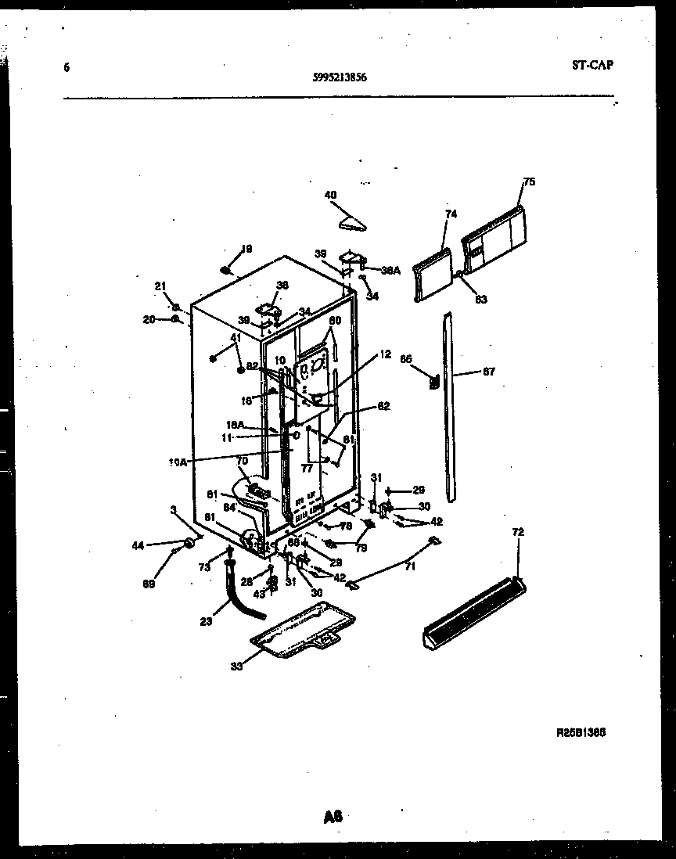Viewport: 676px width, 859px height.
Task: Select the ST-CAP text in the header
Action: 592,65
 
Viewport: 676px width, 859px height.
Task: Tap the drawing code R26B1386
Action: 581,733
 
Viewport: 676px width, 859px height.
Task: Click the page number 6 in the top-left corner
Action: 67,67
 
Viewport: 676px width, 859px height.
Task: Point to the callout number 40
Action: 330,195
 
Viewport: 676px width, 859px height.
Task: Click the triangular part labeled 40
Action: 354,224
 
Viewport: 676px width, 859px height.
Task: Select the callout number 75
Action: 529,182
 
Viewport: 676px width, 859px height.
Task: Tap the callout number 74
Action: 451,214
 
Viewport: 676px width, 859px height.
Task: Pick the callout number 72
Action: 518,532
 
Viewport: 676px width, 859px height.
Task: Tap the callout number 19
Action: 246,250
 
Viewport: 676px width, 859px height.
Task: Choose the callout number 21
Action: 160,287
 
